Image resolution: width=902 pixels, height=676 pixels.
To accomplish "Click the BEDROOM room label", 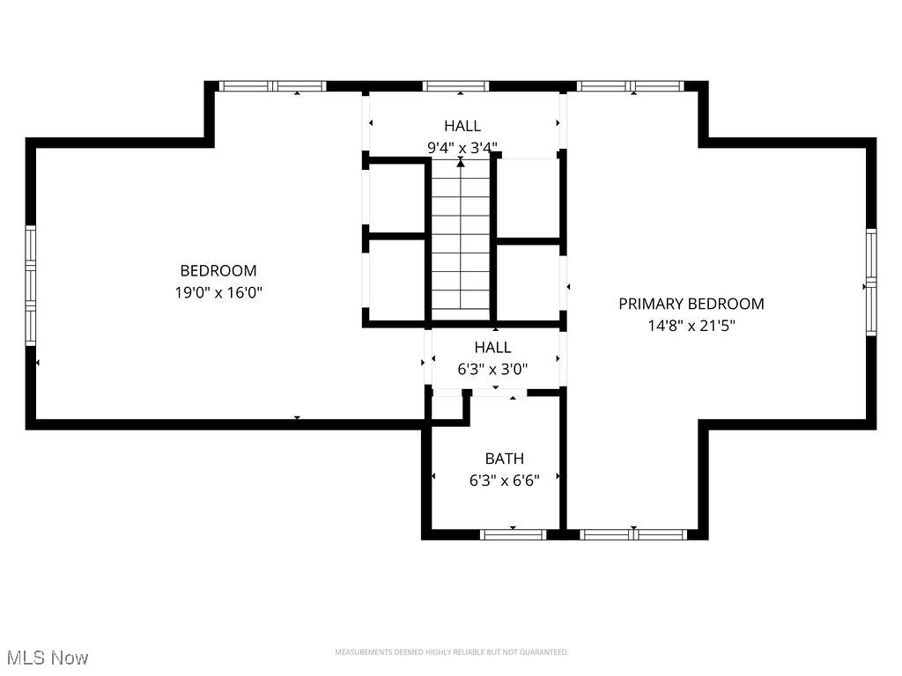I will click(218, 271).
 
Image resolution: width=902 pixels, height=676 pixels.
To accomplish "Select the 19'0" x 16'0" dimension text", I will click(218, 292).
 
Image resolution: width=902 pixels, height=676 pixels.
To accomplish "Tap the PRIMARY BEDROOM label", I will click(691, 304).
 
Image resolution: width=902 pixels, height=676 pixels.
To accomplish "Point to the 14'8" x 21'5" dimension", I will click(691, 325).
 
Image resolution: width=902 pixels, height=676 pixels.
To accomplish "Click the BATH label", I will click(504, 459).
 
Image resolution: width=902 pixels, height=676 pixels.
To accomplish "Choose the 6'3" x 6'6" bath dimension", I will click(504, 480).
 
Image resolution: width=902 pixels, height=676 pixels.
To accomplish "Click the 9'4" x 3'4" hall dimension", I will click(462, 148).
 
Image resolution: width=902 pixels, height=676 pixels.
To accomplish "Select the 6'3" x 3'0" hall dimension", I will click(492, 370).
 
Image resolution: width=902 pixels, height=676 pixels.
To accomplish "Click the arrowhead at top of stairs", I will click(461, 163).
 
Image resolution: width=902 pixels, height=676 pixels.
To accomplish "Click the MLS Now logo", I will click(48, 658).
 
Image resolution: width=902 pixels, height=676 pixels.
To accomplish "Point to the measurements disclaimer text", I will click(451, 652).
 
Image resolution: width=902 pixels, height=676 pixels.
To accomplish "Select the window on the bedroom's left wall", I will click(30, 284).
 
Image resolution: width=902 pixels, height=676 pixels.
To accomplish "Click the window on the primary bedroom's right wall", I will click(870, 282).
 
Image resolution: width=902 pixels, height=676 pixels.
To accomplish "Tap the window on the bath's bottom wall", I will click(513, 534).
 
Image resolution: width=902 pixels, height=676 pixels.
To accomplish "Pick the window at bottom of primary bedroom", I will click(633, 534).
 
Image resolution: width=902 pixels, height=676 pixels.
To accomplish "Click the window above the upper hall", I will click(455, 86).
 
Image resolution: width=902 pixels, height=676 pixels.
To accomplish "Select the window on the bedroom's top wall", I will click(272, 86).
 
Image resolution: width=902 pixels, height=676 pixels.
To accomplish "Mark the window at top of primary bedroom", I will click(631, 86).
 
